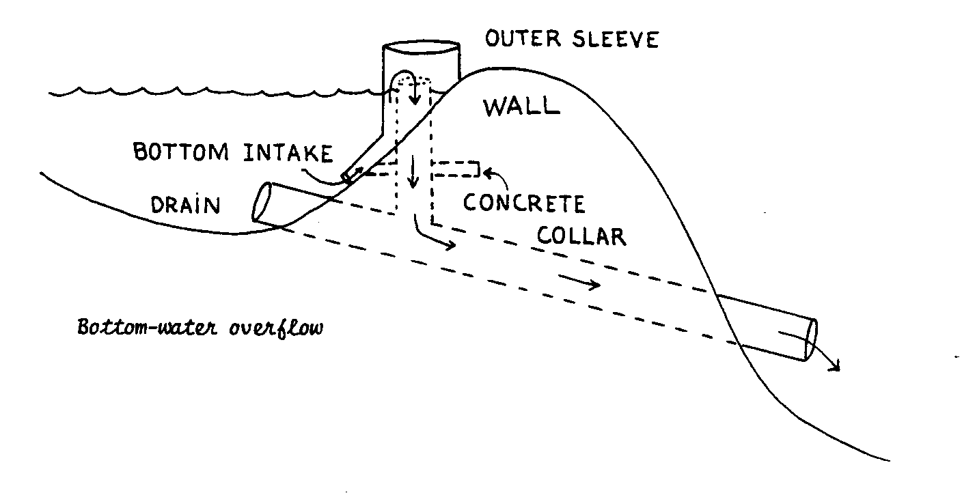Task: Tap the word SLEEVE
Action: tap(614, 39)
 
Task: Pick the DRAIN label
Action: tap(186, 204)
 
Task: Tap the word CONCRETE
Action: tap(524, 203)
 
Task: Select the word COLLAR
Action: tap(581, 236)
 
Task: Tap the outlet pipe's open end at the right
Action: tap(811, 339)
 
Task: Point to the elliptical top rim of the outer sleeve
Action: tap(420, 50)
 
